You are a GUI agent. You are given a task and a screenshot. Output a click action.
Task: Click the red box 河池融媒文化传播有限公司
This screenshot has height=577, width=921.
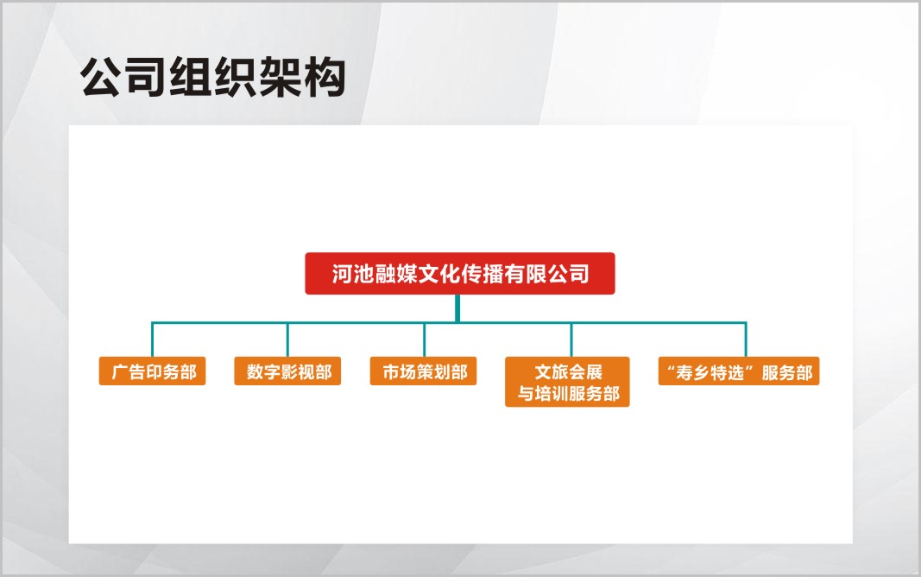tap(460, 273)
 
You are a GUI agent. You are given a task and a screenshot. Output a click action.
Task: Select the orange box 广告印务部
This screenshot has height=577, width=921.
tap(152, 371)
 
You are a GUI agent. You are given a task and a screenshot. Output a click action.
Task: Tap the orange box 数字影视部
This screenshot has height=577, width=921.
tap(287, 371)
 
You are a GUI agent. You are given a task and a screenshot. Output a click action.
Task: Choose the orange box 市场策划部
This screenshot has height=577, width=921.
tap(423, 371)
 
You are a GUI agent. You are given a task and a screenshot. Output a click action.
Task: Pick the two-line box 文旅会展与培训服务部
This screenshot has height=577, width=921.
tap(567, 381)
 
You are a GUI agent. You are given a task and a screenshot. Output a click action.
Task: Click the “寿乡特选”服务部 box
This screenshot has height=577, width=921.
tap(739, 371)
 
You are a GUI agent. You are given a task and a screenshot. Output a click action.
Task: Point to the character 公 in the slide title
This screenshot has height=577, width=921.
tap(102, 77)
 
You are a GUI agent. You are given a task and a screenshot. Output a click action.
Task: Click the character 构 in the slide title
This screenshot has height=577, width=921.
tap(324, 77)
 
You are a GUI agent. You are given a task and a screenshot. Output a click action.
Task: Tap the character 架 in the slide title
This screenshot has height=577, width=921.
tap(280, 77)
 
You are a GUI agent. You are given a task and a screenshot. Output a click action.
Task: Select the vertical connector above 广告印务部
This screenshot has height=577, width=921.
tap(152, 339)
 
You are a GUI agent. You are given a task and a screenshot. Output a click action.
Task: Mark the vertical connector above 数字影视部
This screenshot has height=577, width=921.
tap(287, 339)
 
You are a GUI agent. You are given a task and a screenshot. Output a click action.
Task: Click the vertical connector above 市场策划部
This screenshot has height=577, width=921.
tap(424, 339)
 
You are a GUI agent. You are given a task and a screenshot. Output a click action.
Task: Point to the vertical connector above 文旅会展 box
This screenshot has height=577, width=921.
tap(571, 339)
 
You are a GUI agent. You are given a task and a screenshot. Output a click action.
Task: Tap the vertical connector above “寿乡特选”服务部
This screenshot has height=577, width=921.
tap(746, 339)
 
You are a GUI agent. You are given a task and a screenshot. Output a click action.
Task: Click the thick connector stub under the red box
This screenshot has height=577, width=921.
tap(457, 308)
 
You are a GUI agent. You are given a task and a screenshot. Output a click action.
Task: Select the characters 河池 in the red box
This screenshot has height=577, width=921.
tap(353, 274)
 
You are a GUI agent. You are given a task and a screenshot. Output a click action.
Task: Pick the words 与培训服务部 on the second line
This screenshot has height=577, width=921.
tap(569, 393)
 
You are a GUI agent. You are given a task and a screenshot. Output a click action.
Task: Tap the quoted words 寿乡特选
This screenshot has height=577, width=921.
tap(710, 372)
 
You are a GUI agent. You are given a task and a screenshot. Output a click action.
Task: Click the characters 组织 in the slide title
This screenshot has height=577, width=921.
tap(212, 77)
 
